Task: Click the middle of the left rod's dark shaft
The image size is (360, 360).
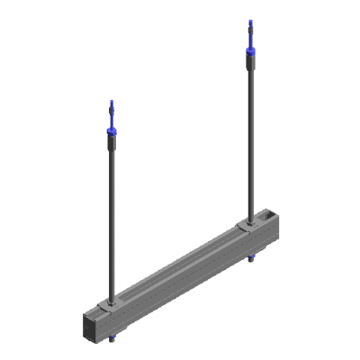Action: click(x=112, y=216)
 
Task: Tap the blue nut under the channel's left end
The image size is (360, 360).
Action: click(x=113, y=339)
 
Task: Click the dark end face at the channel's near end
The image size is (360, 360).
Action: click(x=91, y=325)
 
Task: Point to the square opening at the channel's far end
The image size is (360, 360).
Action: click(x=269, y=216)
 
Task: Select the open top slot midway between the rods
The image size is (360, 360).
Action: click(x=180, y=261)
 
